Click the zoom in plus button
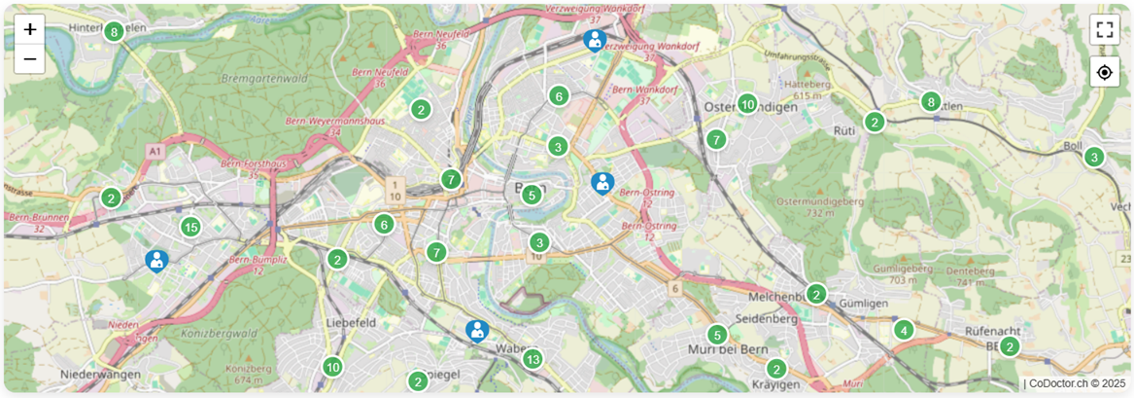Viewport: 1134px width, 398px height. pos(30,29)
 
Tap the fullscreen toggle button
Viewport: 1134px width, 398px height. pos(1104,28)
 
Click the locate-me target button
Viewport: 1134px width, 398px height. pos(1104,72)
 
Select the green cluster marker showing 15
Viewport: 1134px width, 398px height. pos(190,228)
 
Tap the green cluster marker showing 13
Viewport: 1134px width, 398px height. pos(533,360)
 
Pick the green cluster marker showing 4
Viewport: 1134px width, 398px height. pos(904,330)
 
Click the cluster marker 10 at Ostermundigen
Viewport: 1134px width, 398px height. pos(746,104)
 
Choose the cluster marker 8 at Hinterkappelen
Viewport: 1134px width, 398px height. pos(114,32)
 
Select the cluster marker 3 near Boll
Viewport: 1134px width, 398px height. pos(1094,157)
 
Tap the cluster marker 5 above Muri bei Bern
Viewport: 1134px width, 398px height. pos(716,334)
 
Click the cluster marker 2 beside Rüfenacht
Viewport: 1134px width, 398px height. pos(1010,346)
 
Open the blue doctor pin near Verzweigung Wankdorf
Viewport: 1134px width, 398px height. pos(595,40)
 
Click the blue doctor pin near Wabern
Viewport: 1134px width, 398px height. pos(476,331)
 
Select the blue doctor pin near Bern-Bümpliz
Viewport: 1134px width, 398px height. pos(156,260)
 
